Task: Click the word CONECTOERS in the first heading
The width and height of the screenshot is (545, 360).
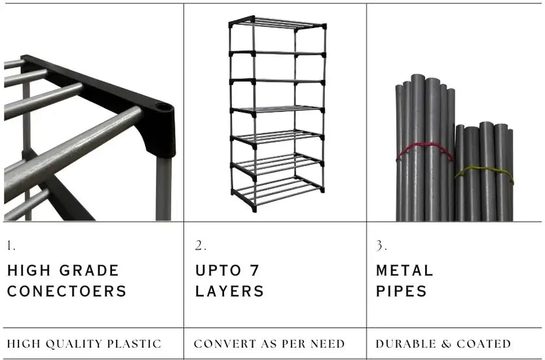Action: click(x=67, y=291)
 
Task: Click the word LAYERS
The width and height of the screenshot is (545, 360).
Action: click(x=230, y=291)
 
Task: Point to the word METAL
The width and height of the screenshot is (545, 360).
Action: click(x=405, y=270)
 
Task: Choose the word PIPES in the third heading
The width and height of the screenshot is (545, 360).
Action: click(x=402, y=291)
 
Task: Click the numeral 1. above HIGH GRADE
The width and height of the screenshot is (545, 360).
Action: click(x=11, y=247)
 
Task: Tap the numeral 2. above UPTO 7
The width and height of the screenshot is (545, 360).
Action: click(x=200, y=247)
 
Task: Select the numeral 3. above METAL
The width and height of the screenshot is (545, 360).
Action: click(x=381, y=247)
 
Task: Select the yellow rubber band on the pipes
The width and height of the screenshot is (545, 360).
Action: click(x=484, y=171)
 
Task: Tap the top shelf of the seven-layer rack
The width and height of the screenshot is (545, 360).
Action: click(x=277, y=24)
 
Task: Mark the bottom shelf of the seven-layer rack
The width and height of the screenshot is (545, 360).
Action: click(x=277, y=192)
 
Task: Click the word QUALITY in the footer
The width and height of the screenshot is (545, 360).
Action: click(x=78, y=344)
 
